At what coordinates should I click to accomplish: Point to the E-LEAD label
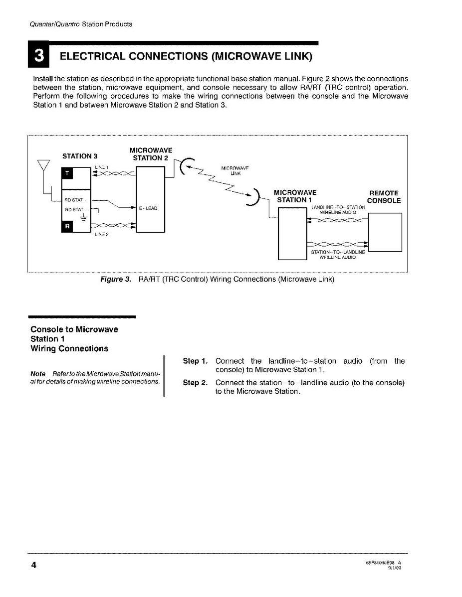[149, 208]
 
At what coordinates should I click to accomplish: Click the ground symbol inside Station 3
[83, 218]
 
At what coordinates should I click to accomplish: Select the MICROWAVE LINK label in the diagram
[235, 170]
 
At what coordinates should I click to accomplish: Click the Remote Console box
[384, 232]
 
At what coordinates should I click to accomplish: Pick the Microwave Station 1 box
[292, 234]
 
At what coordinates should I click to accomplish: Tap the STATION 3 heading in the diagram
[79, 156]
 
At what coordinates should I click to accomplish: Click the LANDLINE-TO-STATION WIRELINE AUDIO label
[338, 209]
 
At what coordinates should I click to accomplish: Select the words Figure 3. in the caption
[116, 279]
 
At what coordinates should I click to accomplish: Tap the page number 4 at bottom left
[34, 565]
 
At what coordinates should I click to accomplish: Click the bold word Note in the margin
[38, 374]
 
